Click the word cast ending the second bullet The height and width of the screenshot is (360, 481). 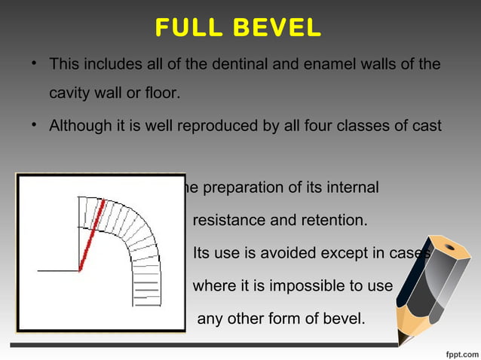coord(427,125)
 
